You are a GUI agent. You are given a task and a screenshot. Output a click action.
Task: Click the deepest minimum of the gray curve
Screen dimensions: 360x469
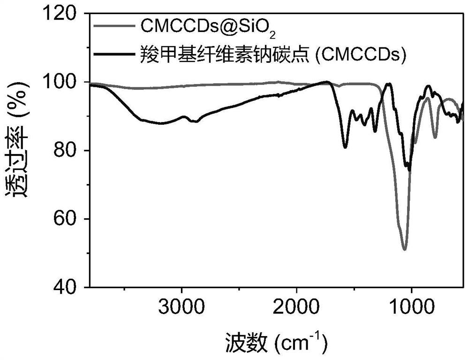[404, 249]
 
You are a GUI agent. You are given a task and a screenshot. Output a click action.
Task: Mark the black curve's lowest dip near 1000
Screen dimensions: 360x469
[409, 170]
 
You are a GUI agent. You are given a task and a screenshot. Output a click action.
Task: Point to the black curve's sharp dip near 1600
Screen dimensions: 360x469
[345, 147]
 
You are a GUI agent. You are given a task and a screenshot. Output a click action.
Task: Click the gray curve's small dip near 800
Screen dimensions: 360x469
[435, 138]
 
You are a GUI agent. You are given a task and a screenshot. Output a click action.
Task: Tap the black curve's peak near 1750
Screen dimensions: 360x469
[327, 82]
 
